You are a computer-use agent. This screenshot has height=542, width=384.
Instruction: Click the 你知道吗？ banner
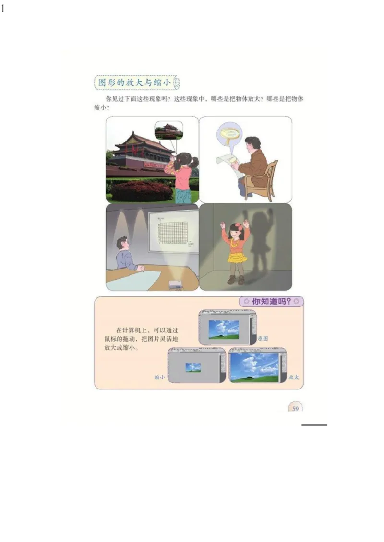click(271, 302)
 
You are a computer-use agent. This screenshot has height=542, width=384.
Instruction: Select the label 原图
click(263, 338)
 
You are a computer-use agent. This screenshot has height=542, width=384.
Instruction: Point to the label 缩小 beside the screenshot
click(159, 377)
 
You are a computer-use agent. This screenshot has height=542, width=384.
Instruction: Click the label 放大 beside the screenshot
click(294, 377)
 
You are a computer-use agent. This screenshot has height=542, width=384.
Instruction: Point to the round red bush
click(142, 191)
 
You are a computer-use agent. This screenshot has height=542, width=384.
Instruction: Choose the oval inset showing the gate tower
click(169, 130)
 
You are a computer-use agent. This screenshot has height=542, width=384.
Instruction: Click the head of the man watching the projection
click(122, 243)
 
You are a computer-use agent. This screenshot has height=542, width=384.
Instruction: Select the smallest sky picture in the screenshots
click(193, 367)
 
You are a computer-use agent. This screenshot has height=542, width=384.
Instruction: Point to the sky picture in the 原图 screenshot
click(224, 329)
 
